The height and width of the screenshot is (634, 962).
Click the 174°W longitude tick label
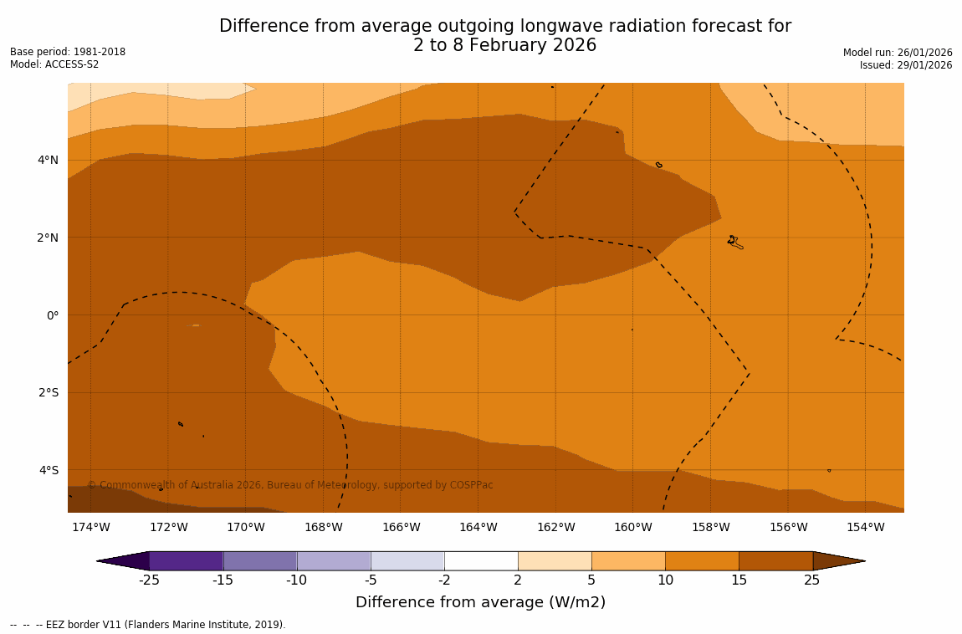pyautogui.click(x=90, y=527)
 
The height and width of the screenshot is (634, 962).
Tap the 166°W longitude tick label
pyautogui.click(x=401, y=527)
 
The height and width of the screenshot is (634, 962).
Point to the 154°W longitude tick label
pyautogui.click(x=865, y=527)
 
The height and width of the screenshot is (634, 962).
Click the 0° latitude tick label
pyautogui.click(x=52, y=315)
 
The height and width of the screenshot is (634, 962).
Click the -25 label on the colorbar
pyautogui.click(x=149, y=580)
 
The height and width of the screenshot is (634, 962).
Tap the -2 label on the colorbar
pyautogui.click(x=444, y=580)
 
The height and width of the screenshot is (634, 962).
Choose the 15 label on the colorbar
pyautogui.click(x=739, y=580)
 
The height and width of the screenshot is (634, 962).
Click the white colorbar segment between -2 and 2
pyautogui.click(x=481, y=561)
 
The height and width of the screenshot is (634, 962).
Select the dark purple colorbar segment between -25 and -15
pyautogui.click(x=186, y=561)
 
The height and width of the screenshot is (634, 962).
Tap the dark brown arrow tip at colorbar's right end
pyautogui.click(x=838, y=561)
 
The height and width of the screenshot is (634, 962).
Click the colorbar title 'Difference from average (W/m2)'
pyautogui.click(x=480, y=602)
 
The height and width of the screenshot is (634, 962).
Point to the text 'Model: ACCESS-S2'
pyautogui.click(x=54, y=64)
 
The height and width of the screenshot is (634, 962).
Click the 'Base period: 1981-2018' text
pyautogui.click(x=68, y=52)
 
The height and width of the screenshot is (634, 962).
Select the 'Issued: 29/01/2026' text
pyautogui.click(x=906, y=65)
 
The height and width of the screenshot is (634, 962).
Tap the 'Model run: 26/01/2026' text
pyautogui.click(x=898, y=53)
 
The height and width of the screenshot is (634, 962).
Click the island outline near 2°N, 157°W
pyautogui.click(x=734, y=243)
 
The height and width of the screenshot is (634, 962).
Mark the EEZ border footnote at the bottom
pyautogui.click(x=148, y=625)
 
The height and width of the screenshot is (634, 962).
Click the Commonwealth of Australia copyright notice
pyautogui.click(x=290, y=485)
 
